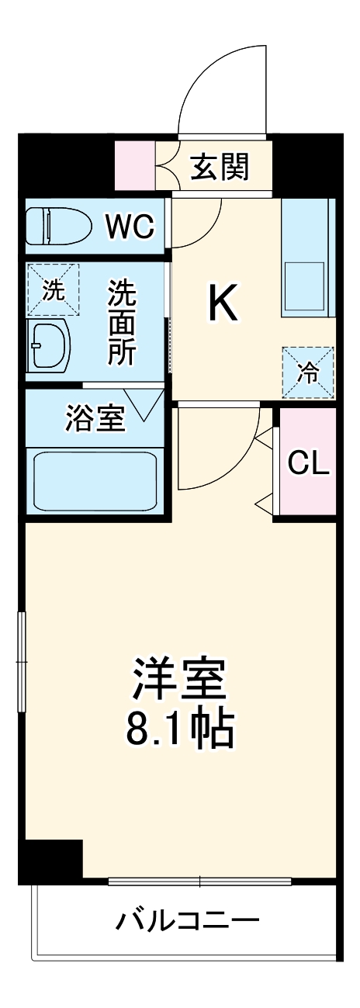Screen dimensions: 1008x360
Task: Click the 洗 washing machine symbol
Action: pyautogui.click(x=53, y=290)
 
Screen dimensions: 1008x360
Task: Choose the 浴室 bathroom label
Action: pyautogui.click(x=95, y=419)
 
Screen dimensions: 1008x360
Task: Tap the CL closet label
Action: pyautogui.click(x=308, y=463)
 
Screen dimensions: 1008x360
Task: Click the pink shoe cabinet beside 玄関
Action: pyautogui.click(x=135, y=166)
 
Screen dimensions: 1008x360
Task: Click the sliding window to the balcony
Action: pyautogui.click(x=199, y=882)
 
